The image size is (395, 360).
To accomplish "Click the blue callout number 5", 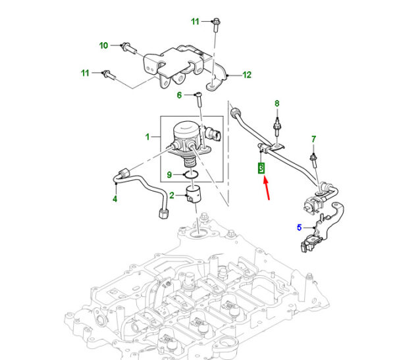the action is pyautogui.click(x=299, y=228).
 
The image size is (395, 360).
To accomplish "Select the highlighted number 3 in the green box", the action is pyautogui.click(x=261, y=168).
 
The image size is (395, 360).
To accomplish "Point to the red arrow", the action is pyautogui.click(x=267, y=189).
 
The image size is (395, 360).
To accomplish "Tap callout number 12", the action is pyautogui.click(x=247, y=75).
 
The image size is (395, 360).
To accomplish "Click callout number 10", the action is pyautogui.click(x=103, y=45).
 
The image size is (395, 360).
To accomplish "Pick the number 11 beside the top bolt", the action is pyautogui.click(x=196, y=22).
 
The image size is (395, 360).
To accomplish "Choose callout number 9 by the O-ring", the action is pyautogui.click(x=169, y=174).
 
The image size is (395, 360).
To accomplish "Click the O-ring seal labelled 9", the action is pyautogui.click(x=192, y=174).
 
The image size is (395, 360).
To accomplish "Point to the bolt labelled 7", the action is pyautogui.click(x=315, y=160).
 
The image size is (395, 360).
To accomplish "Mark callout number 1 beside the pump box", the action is pyautogui.click(x=147, y=137).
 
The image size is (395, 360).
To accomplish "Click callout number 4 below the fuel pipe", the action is pyautogui.click(x=115, y=199).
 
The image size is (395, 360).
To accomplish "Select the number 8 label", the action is pyautogui.click(x=277, y=103).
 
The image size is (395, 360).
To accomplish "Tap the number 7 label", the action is pyautogui.click(x=313, y=139).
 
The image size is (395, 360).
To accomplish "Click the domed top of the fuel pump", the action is pyautogui.click(x=186, y=128).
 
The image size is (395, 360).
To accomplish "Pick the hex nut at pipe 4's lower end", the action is pyautogui.click(x=164, y=213).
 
